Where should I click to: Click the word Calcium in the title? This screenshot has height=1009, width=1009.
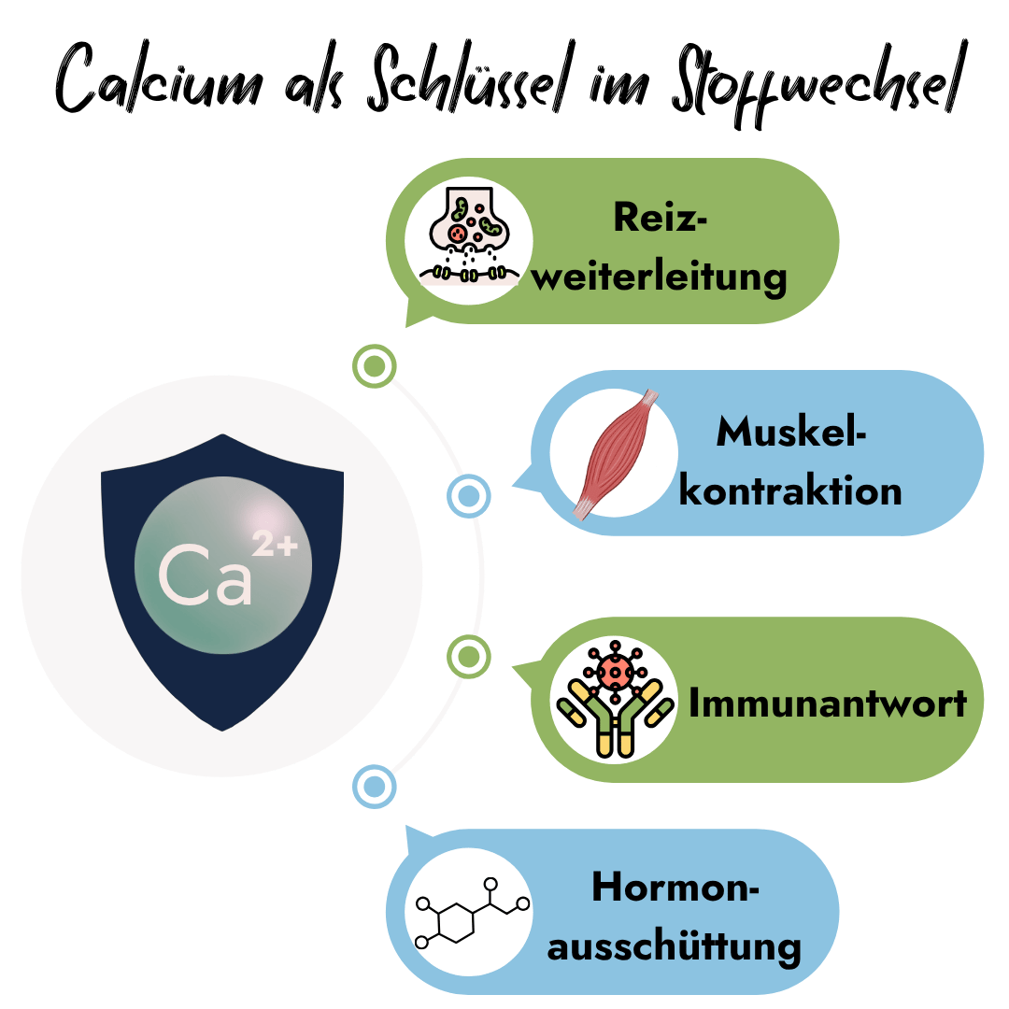click(x=160, y=78)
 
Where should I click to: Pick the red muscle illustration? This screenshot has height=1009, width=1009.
click(x=616, y=454)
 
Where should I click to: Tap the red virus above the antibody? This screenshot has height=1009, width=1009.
click(x=615, y=671)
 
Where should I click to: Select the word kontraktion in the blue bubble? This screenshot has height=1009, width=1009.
click(x=790, y=491)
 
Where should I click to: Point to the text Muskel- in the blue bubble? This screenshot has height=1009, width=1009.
click(x=791, y=431)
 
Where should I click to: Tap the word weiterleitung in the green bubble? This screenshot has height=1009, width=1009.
click(x=659, y=278)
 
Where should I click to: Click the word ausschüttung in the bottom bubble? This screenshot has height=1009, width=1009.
click(x=674, y=948)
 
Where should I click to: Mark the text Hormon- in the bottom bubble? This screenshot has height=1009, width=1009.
click(x=675, y=887)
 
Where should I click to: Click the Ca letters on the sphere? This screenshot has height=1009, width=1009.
click(x=205, y=575)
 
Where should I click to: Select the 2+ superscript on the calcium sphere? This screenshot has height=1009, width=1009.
click(x=275, y=544)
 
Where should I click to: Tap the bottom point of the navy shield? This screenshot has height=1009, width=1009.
click(x=222, y=731)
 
